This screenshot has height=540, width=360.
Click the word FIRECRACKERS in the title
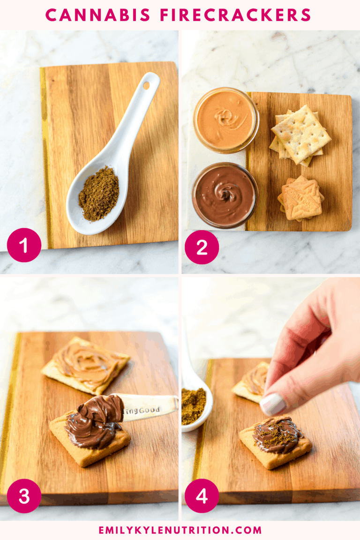[236, 15]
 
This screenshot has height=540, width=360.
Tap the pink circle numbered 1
[24, 245]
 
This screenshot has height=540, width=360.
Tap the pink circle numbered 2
[202, 247]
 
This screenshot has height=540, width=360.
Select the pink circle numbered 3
[24, 495]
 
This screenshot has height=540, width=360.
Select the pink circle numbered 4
[202, 495]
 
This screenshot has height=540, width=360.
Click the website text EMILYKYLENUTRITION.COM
[180, 530]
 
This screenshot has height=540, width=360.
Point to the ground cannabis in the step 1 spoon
[98, 193]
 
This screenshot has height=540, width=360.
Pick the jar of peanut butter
[226, 120]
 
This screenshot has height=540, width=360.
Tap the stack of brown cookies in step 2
[301, 198]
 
